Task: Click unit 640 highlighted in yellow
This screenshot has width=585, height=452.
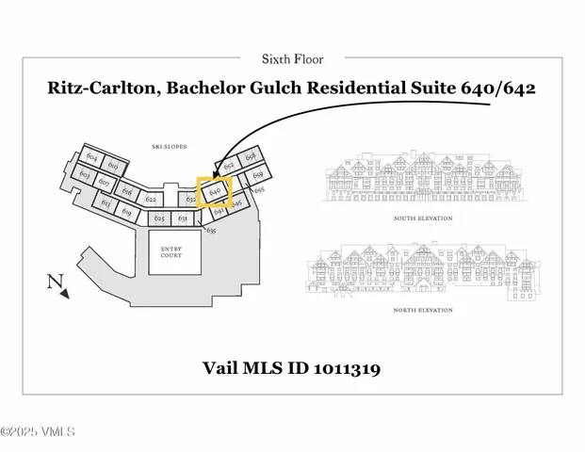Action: [x=215, y=189]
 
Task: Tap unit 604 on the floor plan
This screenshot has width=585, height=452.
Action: [x=91, y=156]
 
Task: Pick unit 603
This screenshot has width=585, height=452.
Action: [x=84, y=175]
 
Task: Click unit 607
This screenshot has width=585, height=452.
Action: [x=105, y=182]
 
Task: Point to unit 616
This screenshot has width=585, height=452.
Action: [x=126, y=191]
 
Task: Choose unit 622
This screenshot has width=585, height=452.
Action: [x=150, y=199]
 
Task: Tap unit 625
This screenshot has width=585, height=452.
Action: [x=159, y=218]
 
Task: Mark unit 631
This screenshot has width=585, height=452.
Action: [x=183, y=218]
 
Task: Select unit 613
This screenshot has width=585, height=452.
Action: [x=106, y=202]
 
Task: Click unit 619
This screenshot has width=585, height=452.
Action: [x=127, y=212]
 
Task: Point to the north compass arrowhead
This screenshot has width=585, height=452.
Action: [x=64, y=294]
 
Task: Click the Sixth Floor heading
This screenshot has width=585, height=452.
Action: [x=292, y=58]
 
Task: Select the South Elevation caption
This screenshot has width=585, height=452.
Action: [x=422, y=218]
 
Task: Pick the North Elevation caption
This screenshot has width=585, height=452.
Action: [x=422, y=310]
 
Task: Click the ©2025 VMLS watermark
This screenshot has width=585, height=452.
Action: [x=38, y=432]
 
